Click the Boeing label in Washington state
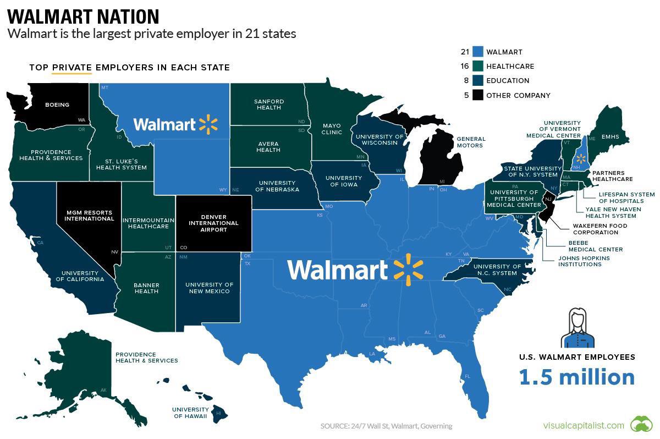[57, 105]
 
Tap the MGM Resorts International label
[89, 215]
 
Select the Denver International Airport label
[213, 223]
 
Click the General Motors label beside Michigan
[471, 142]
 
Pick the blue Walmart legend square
[477, 52]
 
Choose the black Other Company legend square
[477, 95]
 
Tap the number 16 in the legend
[465, 67]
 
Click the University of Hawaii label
[190, 413]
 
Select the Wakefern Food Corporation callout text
[599, 229]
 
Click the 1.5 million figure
[576, 377]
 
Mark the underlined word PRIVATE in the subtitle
[71, 68]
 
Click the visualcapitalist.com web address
[583, 425]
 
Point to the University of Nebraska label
[278, 186]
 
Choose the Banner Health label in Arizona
[146, 288]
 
